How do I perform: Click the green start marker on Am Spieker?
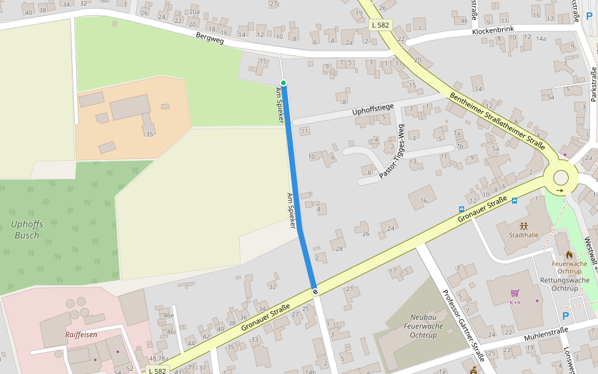[283, 83]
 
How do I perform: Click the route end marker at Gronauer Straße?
[315, 291]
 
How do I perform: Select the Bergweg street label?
[209, 39]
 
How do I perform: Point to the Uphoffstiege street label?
[373, 110]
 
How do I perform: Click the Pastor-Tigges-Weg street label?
[392, 152]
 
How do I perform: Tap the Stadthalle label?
[523, 235]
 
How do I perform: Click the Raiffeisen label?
[81, 335]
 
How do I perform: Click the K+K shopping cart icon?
[515, 293]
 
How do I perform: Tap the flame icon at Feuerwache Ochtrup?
[569, 254]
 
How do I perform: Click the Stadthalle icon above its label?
[523, 225]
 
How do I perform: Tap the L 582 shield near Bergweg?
[379, 25]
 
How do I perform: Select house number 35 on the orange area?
[149, 134]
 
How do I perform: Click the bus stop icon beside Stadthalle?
[515, 201]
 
